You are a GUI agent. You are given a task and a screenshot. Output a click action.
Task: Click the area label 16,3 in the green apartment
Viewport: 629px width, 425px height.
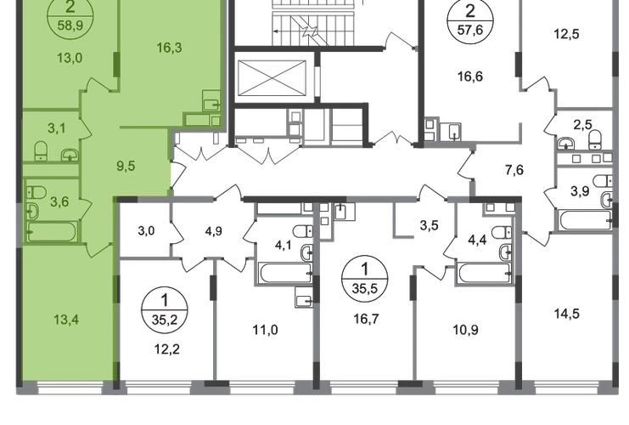click(169, 48)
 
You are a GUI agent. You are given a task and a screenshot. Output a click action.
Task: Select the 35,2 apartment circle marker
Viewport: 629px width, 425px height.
click(165, 310)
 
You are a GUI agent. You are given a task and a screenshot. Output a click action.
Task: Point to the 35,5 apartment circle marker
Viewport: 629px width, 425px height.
click(365, 279)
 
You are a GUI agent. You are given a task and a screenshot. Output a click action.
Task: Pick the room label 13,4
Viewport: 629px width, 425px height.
click(66, 320)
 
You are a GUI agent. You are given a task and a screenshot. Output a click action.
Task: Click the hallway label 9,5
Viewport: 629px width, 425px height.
click(126, 166)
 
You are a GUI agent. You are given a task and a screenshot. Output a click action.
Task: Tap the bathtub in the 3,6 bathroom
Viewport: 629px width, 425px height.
click(52, 231)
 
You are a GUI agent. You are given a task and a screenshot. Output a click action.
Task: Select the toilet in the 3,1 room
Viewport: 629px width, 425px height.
click(41, 150)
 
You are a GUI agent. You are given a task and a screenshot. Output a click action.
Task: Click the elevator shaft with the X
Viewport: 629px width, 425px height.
click(272, 78)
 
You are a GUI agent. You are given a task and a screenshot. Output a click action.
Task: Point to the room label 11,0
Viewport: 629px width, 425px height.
click(265, 330)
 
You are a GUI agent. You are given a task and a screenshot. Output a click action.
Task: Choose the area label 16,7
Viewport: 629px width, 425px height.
click(366, 319)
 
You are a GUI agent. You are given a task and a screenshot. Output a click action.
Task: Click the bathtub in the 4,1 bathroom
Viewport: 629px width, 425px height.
click(285, 273)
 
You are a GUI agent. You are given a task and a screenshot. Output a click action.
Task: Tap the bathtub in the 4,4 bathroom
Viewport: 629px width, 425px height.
click(484, 273)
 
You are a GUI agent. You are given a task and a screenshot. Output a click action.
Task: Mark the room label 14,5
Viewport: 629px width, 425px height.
click(566, 314)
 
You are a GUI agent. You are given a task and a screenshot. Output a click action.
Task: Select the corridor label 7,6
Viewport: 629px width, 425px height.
click(514, 170)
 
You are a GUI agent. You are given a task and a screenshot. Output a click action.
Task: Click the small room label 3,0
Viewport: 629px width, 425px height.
click(146, 231)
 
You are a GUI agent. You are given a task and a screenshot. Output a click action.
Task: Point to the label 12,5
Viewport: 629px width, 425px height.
click(566, 34)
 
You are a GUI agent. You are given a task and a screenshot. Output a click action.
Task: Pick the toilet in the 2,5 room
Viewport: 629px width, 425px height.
click(595, 139)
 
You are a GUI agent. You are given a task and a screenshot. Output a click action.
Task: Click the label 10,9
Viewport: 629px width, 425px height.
click(465, 330)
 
